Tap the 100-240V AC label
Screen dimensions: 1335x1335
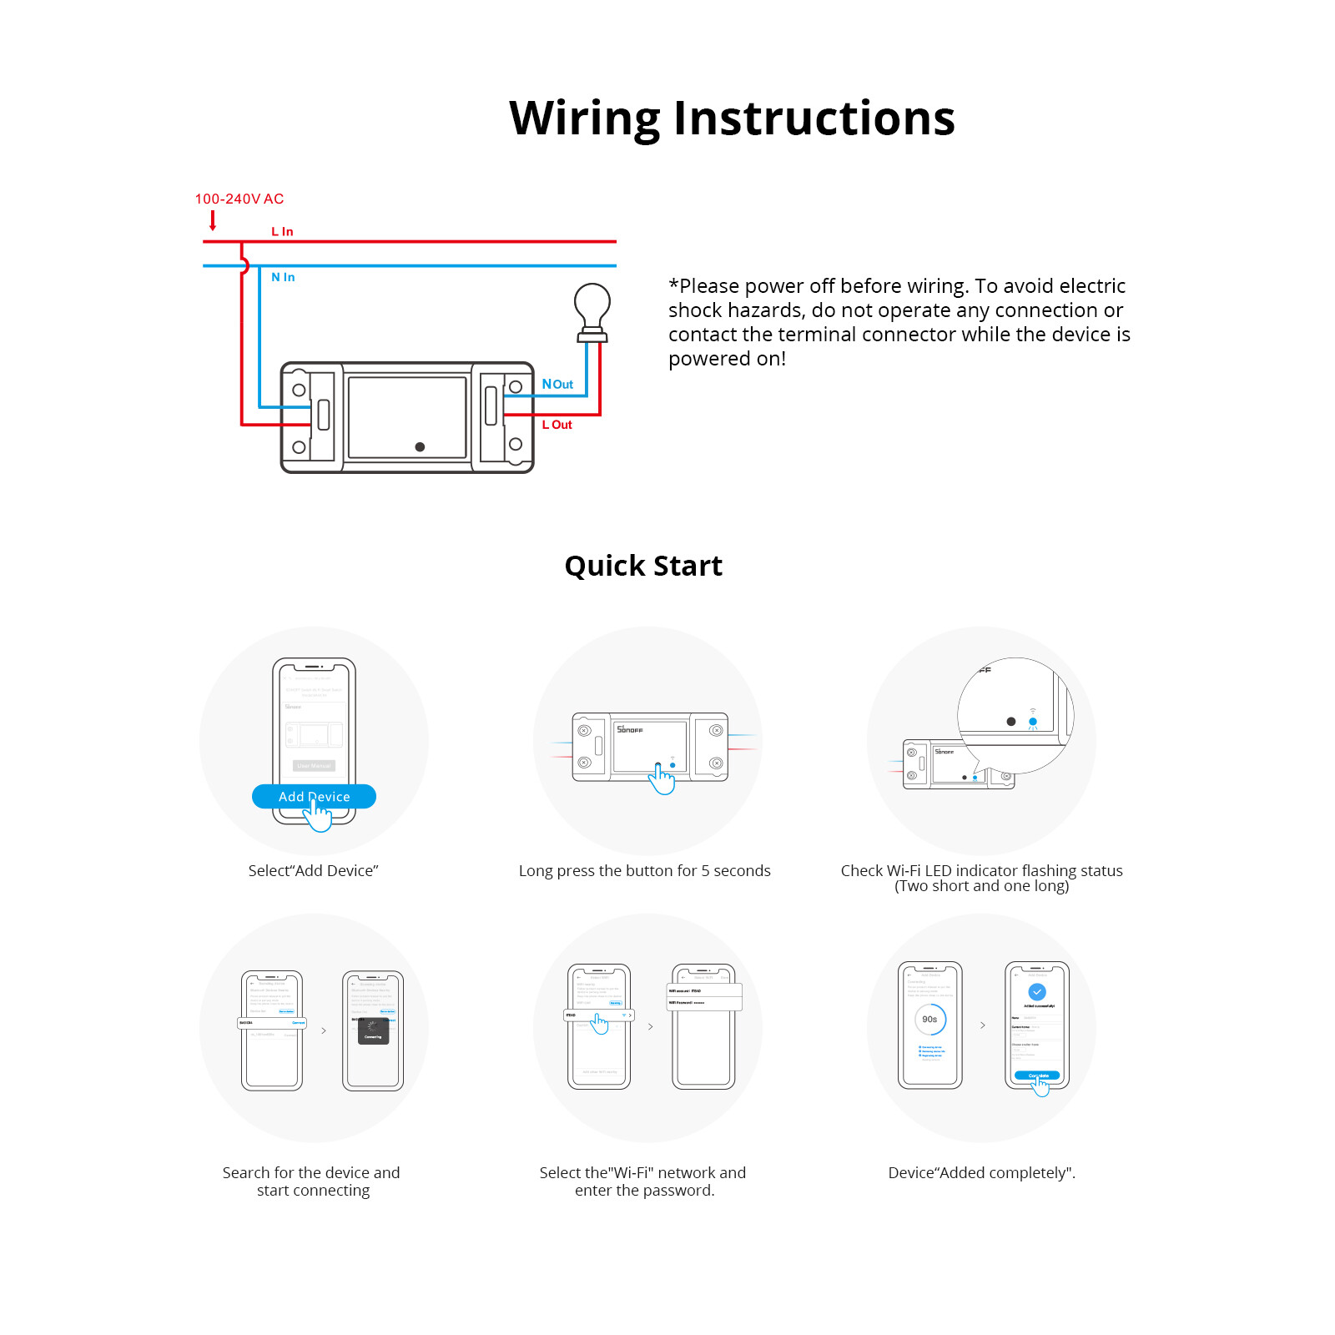click(x=239, y=199)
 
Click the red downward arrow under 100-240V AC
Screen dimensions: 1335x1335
click(x=213, y=220)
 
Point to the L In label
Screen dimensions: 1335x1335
click(x=282, y=231)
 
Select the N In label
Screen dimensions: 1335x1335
click(x=283, y=277)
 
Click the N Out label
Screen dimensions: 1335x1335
click(x=557, y=384)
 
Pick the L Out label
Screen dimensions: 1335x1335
click(x=557, y=425)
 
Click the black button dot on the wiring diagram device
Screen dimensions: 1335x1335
click(x=420, y=447)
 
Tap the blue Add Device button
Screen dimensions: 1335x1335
click(x=314, y=796)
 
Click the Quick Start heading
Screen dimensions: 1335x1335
click(x=643, y=566)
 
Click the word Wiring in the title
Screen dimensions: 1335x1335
click(x=584, y=118)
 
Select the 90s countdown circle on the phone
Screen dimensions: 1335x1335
click(x=929, y=1019)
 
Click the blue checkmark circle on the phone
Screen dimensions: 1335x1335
click(x=1037, y=992)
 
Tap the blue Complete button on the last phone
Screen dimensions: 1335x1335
click(x=1037, y=1076)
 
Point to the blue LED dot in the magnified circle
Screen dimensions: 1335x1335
click(x=1033, y=721)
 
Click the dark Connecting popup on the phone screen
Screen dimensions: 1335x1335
click(x=373, y=1031)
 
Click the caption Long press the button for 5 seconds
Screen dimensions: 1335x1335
click(x=644, y=870)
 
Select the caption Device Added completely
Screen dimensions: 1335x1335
click(x=981, y=1172)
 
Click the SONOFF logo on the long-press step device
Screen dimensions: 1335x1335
click(x=630, y=729)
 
